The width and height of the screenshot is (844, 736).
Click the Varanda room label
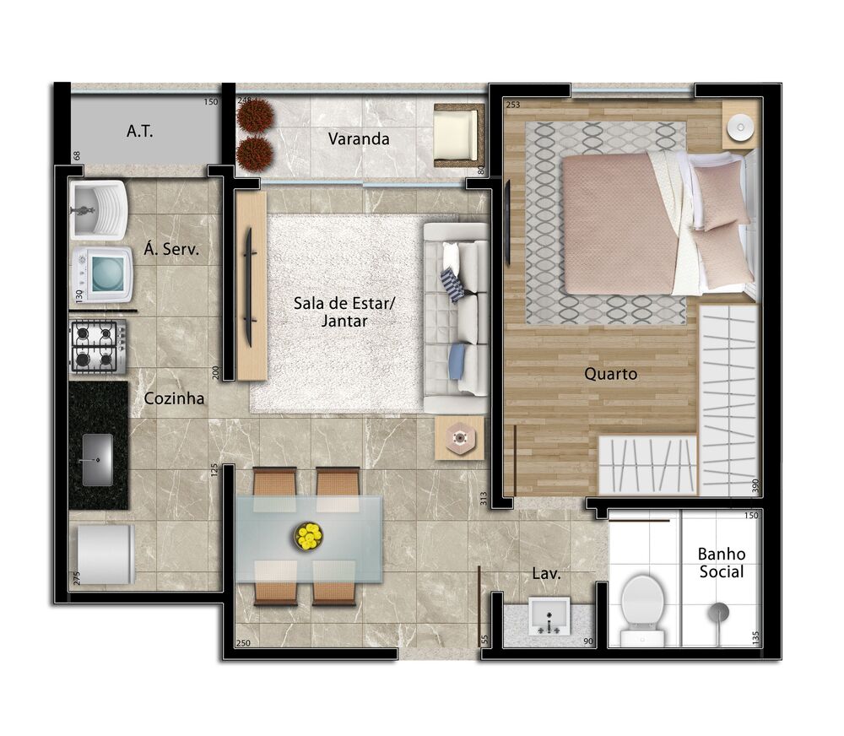click(359, 138)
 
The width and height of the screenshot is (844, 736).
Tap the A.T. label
click(139, 131)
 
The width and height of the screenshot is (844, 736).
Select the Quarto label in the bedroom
click(610, 373)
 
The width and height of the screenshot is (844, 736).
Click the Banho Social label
click(721, 563)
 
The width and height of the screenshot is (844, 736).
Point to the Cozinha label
click(174, 398)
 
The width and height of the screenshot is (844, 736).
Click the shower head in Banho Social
click(719, 611)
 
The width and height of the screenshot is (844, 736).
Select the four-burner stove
click(98, 346)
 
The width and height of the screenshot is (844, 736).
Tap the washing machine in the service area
click(102, 273)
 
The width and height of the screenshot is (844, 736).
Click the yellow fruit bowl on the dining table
click(309, 536)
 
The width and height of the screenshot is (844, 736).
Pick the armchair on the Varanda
click(457, 134)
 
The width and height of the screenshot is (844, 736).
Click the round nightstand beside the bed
click(740, 128)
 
